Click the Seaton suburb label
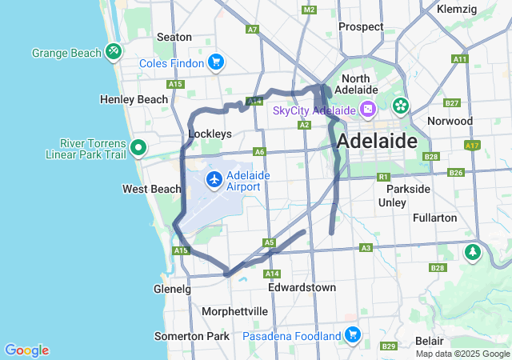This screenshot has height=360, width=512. point(174,37)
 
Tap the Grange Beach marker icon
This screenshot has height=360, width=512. point(114,52)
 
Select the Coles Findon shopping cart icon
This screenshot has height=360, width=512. point(214,62)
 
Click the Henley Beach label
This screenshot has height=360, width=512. point(134,99)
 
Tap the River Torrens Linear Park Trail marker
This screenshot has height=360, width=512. point(138,147)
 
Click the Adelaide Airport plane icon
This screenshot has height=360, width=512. point(214,179)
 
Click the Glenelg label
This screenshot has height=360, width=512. point(172,289)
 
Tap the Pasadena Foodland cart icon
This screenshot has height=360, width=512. point(351,334)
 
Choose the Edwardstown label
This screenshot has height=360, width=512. point(302,286)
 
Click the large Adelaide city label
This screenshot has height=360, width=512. point(377,142)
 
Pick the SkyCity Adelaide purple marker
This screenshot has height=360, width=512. point(367,110)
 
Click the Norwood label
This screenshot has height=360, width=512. point(450,121)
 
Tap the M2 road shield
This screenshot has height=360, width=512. point(309,10)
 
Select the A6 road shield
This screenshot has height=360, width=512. point(258,151)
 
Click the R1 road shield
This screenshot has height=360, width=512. point(383,176)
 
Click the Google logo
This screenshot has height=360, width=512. point(26,350)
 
